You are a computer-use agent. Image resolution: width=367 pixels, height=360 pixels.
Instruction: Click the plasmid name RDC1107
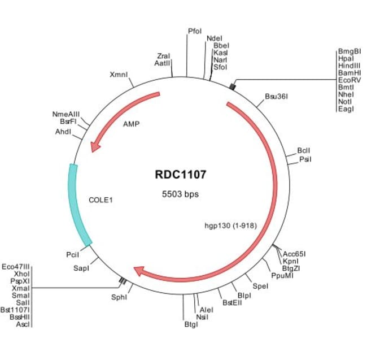click(x=181, y=175)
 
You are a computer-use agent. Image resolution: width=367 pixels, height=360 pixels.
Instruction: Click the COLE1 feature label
click(x=101, y=199)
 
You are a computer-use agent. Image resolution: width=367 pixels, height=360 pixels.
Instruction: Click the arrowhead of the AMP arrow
click(x=95, y=146)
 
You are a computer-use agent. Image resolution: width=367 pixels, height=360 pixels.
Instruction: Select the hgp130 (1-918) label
click(x=230, y=225)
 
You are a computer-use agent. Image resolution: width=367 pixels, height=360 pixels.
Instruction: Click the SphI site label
click(x=121, y=296)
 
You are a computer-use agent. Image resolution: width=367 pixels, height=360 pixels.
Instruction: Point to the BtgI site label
click(x=191, y=324)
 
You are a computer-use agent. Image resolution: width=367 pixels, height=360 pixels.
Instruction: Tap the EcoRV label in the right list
click(x=349, y=80)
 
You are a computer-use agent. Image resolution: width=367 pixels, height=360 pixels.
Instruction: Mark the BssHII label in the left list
click(x=20, y=317)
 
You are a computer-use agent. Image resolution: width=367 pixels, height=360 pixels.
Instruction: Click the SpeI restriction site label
click(x=260, y=287)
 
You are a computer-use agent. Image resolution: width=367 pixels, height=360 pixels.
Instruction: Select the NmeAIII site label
click(x=67, y=115)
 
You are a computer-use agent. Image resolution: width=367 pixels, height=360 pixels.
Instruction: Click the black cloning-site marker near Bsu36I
click(x=232, y=85)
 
